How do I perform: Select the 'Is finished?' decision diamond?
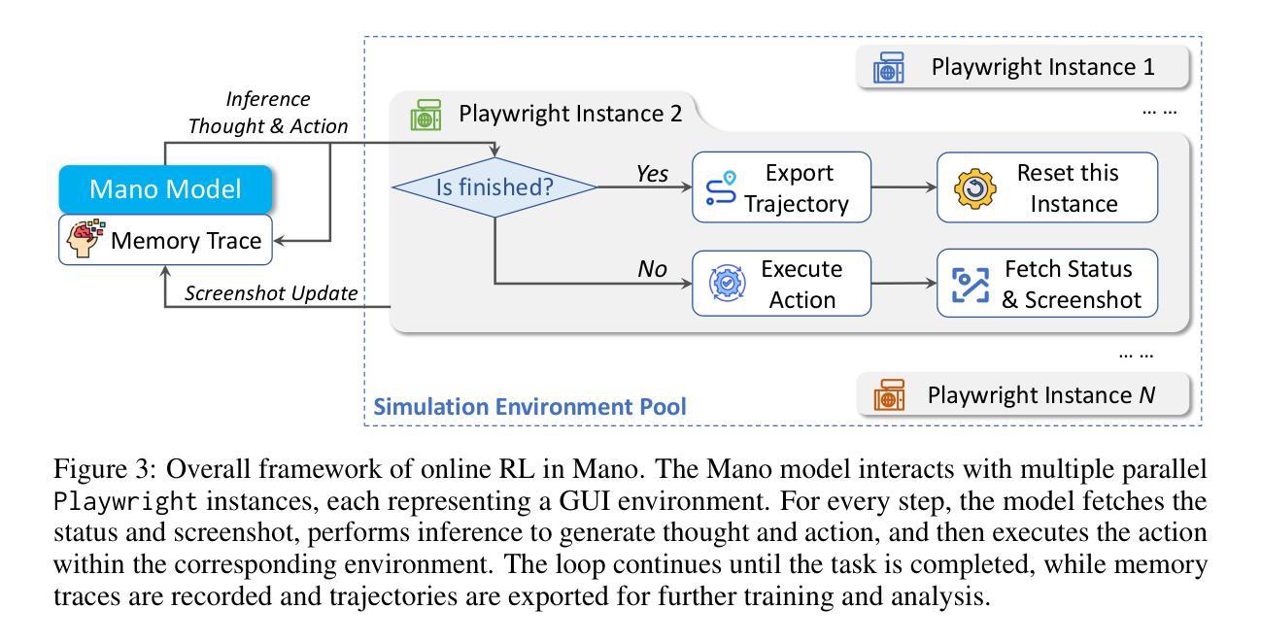coord(494,187)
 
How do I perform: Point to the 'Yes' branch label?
coord(652,174)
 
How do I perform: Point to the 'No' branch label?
coord(654,269)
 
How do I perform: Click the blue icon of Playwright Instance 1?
coord(888,70)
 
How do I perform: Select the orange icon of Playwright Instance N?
coord(888,396)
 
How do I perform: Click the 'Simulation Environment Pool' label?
coord(530,406)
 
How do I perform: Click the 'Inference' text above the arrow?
coord(267,99)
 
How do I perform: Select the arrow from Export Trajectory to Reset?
coord(904,188)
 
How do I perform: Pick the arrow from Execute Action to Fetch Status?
coord(904,284)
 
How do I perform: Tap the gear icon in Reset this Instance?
coord(972,188)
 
